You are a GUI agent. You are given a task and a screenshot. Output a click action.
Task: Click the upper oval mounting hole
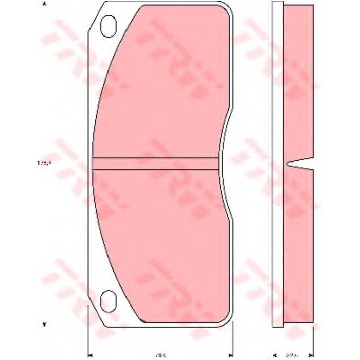click(109, 26)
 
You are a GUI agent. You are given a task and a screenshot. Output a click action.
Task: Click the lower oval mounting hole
click(108, 300)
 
